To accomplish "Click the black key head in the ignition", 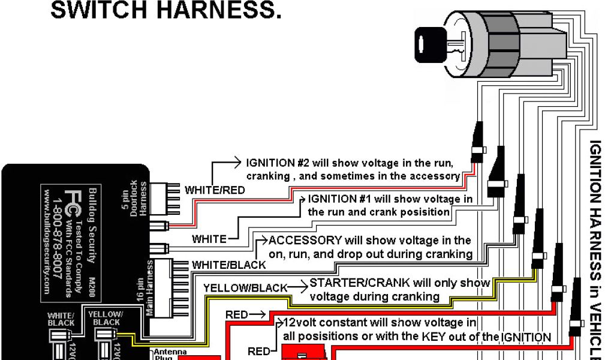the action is click(x=429, y=43).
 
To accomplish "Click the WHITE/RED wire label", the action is click(x=215, y=190).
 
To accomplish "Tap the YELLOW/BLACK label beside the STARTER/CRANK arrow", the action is click(x=245, y=288).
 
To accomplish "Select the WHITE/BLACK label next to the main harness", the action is click(x=228, y=265).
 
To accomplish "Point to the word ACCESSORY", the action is click(x=305, y=241).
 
